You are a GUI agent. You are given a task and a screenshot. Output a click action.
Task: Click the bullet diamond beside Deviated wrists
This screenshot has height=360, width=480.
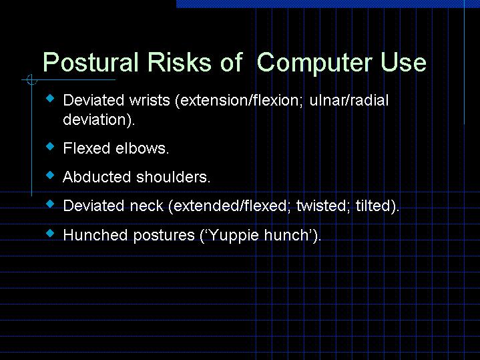coord(50,99)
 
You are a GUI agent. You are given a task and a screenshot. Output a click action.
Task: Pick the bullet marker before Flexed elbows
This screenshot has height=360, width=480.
coord(50,146)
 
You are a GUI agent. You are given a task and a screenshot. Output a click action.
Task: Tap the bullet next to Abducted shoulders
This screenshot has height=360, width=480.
coord(50,175)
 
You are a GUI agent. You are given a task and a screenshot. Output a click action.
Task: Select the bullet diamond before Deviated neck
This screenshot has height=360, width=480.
coord(50,204)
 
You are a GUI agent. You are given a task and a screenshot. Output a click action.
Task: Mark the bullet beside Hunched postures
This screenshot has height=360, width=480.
coord(50,233)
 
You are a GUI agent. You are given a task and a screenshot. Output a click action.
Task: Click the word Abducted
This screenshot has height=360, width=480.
coord(97,177)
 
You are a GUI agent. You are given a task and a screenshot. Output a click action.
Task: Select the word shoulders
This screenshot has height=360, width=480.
coord(174,177)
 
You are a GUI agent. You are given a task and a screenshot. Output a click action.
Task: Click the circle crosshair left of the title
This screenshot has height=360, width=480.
coord(30,81)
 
